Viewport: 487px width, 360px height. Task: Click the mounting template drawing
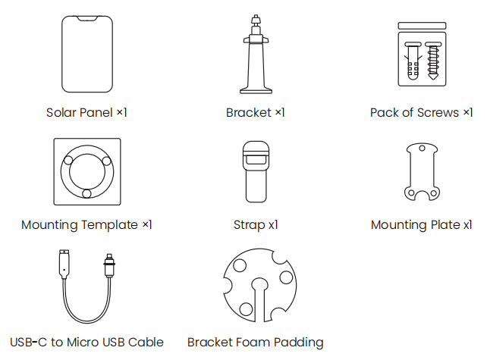pos(86,171)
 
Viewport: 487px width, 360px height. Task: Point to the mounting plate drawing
pos(421,172)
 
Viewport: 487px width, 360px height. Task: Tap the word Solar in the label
pos(61,113)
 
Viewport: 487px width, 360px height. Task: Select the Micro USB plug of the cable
pos(110,266)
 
